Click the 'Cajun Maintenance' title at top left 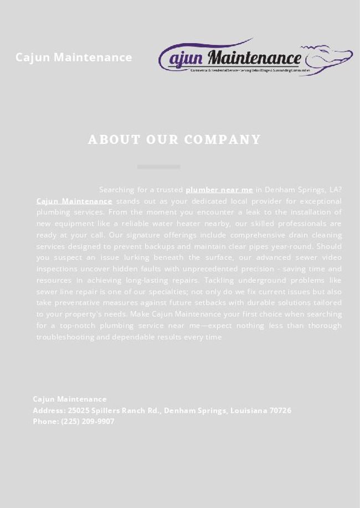(x=74, y=57)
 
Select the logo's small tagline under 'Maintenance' (x=249, y=71)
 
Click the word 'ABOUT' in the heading (x=114, y=139)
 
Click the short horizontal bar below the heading (x=158, y=167)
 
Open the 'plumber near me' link (x=219, y=189)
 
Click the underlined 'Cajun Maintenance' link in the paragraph (x=74, y=201)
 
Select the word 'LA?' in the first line (x=336, y=189)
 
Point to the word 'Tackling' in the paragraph (x=222, y=280)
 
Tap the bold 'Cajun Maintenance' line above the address (x=70, y=399)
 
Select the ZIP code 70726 (x=280, y=411)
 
